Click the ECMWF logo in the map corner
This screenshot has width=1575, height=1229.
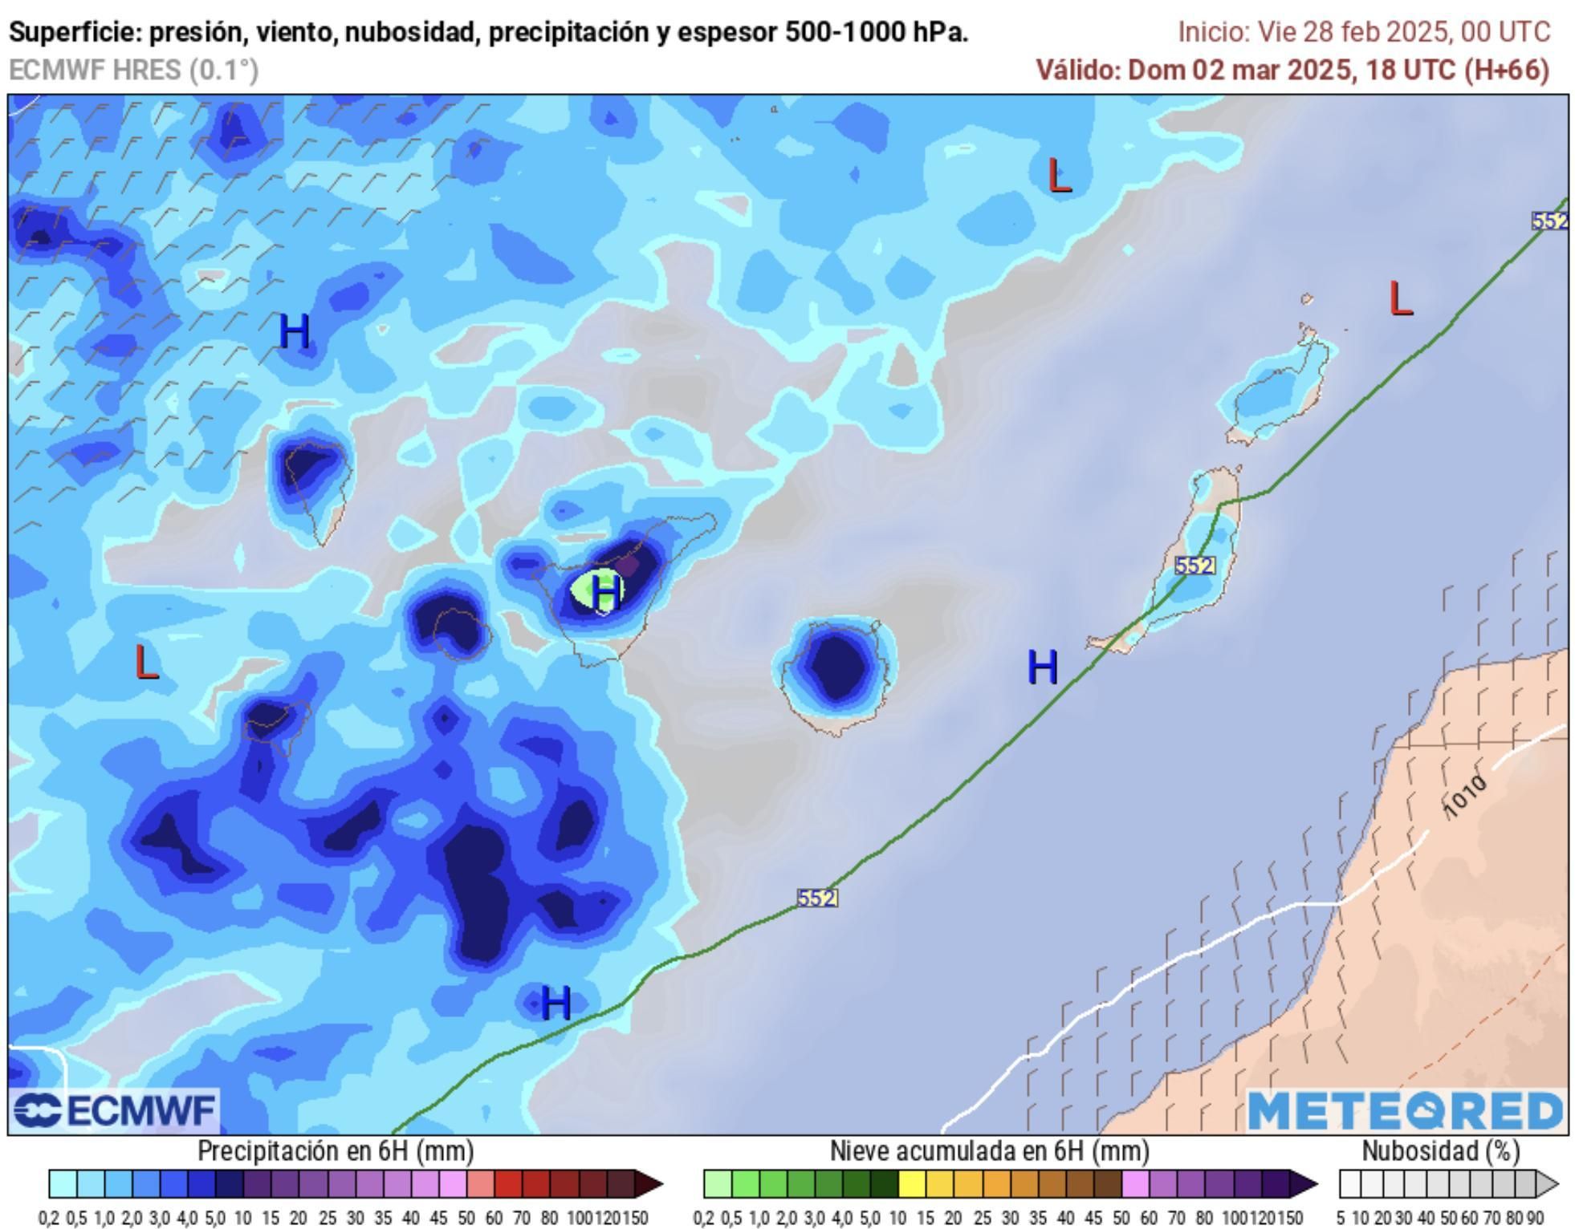(x=115, y=1111)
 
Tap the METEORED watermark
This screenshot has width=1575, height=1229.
(x=1405, y=1111)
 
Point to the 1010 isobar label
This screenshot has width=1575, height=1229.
(x=1466, y=797)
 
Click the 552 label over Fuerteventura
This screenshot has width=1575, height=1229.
(x=1194, y=566)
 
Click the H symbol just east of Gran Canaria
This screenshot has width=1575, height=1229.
(x=1042, y=667)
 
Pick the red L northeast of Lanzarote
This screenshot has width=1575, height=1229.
(x=1400, y=299)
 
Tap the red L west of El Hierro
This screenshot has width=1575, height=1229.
(x=146, y=663)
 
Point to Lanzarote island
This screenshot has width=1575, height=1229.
(x=1276, y=389)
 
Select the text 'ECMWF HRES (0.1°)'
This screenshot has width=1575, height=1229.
(x=133, y=71)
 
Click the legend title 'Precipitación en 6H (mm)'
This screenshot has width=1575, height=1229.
(x=336, y=1151)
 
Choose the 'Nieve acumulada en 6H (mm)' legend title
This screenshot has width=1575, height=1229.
(x=989, y=1151)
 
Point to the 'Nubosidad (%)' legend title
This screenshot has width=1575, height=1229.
(x=1440, y=1151)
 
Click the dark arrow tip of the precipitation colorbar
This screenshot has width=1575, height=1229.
(x=651, y=1184)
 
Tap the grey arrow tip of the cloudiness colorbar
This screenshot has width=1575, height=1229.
(x=1548, y=1184)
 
